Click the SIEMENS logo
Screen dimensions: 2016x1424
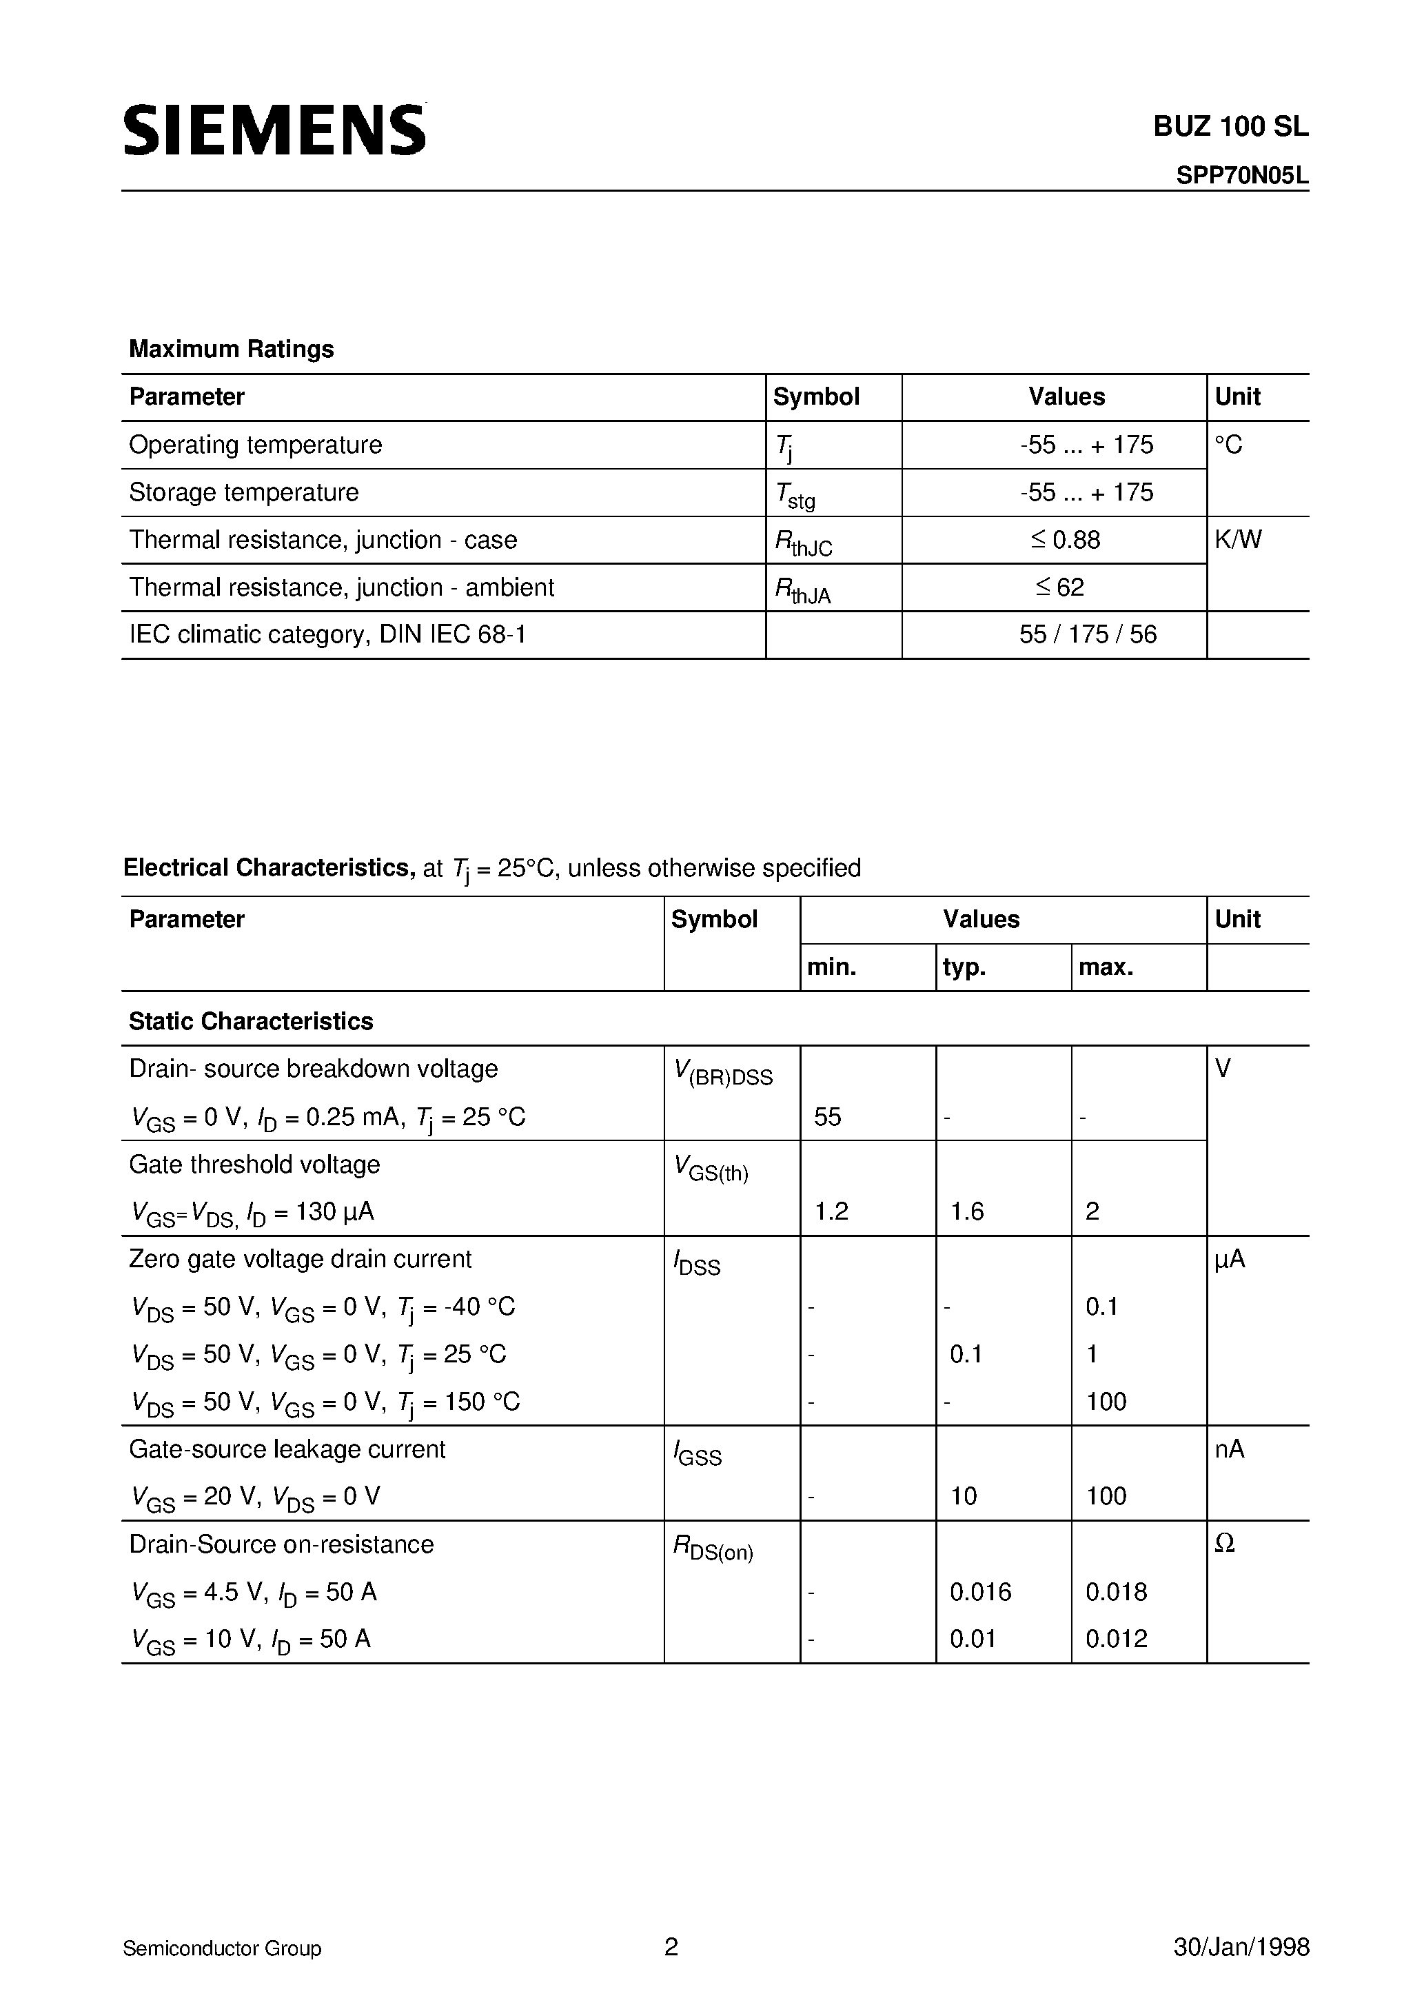coord(274,130)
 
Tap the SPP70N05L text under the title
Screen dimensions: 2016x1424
coord(1241,177)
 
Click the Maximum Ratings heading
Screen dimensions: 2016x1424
coord(231,350)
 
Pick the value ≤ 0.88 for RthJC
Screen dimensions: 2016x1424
coord(1065,540)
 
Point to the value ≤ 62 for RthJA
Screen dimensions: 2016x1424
coord(1059,587)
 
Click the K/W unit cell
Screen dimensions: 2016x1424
coord(1238,540)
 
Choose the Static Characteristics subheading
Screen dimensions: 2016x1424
coord(251,1021)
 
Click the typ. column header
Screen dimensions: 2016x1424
coord(964,967)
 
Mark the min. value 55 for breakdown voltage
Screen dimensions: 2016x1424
coord(827,1117)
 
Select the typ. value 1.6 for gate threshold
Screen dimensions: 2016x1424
coord(966,1211)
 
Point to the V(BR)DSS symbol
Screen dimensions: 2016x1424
coord(722,1073)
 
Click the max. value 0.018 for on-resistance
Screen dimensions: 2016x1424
coord(1116,1592)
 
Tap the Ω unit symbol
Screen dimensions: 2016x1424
coord(1224,1544)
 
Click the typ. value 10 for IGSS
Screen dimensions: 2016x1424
coord(963,1496)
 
